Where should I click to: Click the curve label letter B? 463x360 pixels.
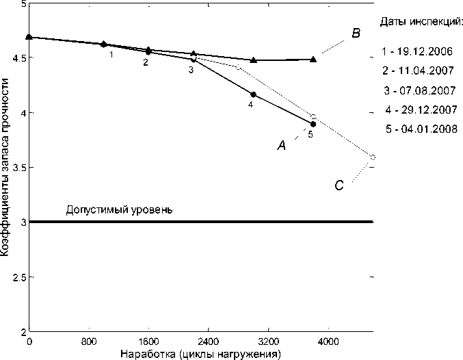coord(356,33)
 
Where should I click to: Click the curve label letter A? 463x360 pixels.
coord(280,144)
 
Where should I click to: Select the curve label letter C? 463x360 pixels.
coord(339,185)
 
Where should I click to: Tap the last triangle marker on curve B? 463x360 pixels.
coord(313,60)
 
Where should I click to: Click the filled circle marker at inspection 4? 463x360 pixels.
coord(254,94)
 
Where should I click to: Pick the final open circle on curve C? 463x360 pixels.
coord(373,157)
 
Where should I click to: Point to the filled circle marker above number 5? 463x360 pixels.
coord(313,124)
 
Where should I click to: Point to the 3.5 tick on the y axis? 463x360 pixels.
coord(16,167)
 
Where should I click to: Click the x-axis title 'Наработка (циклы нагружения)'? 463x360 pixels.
coord(200,354)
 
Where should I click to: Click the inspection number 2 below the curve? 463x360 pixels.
coord(145,62)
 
